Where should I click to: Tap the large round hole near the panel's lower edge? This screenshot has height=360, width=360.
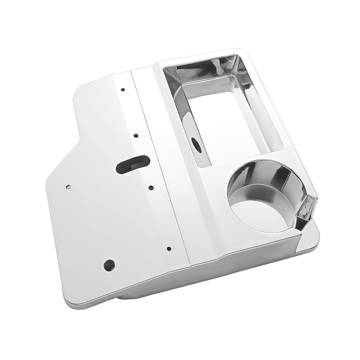109,264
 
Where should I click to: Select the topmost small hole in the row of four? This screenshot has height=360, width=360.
122,90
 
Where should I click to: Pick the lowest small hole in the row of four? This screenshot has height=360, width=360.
169,248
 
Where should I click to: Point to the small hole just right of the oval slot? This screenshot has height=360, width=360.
151,188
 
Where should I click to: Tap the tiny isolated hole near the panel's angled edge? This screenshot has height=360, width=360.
68,187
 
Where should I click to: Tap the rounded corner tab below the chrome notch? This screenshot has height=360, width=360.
309,240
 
